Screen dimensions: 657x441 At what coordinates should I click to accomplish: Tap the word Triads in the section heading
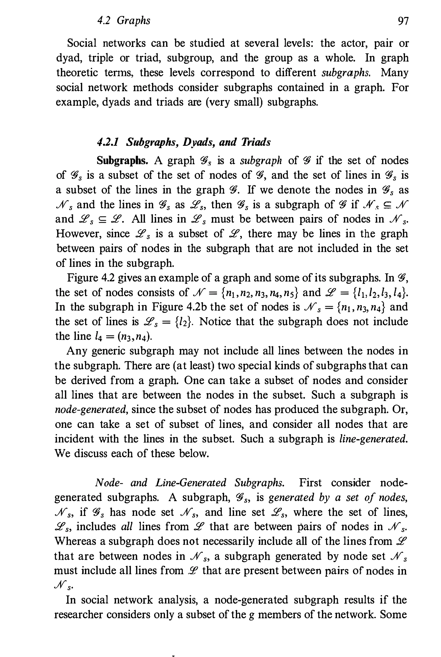(255, 142)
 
